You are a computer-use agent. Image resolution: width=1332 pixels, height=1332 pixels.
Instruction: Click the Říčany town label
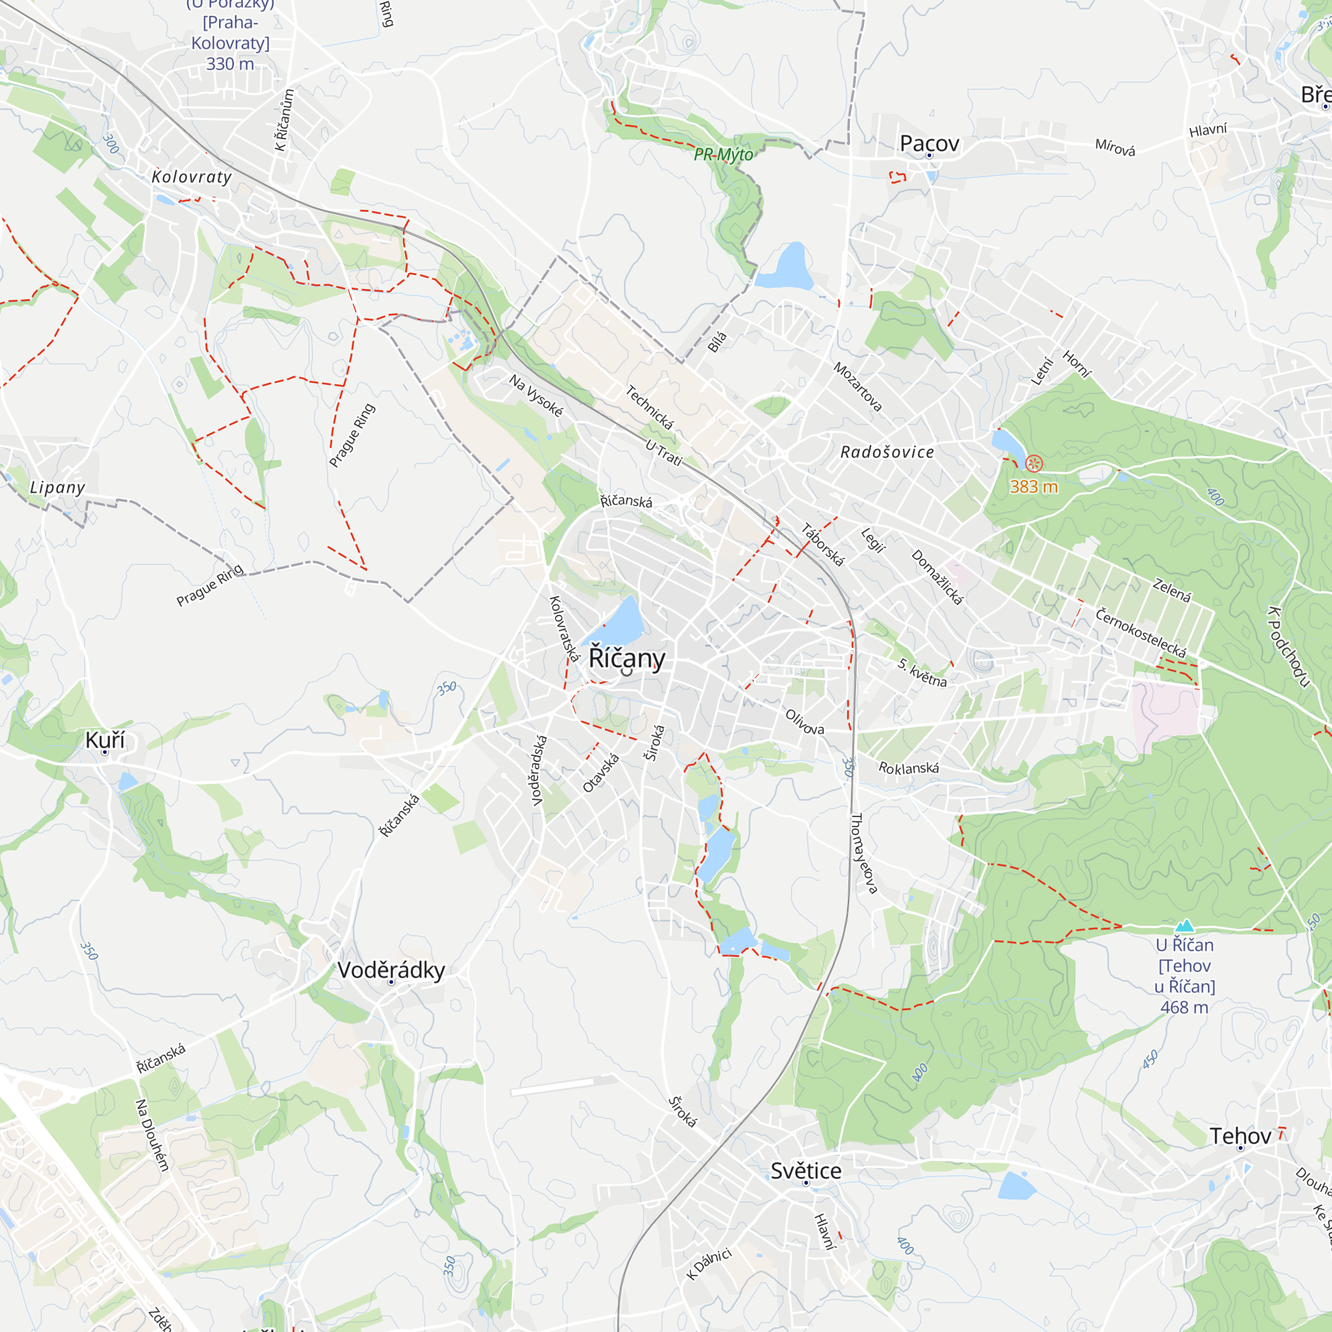(626, 659)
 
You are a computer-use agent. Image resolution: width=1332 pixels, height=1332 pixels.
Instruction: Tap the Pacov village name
(928, 143)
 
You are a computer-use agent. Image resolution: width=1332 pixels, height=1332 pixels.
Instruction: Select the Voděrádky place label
(391, 970)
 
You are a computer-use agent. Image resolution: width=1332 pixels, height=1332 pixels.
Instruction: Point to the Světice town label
(805, 1171)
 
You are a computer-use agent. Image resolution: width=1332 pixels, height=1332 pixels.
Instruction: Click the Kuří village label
(105, 740)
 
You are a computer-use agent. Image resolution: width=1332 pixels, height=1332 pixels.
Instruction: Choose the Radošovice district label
(887, 452)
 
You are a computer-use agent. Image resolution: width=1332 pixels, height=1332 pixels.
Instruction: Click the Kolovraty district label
(192, 177)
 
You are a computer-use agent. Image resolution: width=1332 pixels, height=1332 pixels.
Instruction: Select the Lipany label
(57, 488)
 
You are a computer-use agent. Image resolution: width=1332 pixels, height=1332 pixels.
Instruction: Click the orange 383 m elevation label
(1034, 487)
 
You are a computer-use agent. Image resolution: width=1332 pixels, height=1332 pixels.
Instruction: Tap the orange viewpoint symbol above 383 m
(1034, 464)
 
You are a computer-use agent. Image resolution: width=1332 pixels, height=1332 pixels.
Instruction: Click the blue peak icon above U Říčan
(1184, 925)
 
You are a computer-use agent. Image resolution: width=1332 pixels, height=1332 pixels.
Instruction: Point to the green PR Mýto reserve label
(723, 155)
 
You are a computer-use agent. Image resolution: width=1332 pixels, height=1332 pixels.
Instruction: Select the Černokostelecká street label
(1140, 632)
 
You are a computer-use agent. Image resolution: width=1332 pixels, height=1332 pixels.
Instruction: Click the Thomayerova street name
(864, 854)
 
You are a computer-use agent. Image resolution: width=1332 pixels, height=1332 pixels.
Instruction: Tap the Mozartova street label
(858, 387)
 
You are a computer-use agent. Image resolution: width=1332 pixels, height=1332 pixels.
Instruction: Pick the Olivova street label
(805, 721)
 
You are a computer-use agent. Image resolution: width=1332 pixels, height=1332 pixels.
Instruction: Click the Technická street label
(649, 407)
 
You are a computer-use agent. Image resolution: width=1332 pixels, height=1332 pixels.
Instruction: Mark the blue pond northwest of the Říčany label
(619, 621)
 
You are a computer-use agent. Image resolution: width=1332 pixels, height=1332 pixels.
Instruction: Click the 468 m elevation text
(1184, 1007)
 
